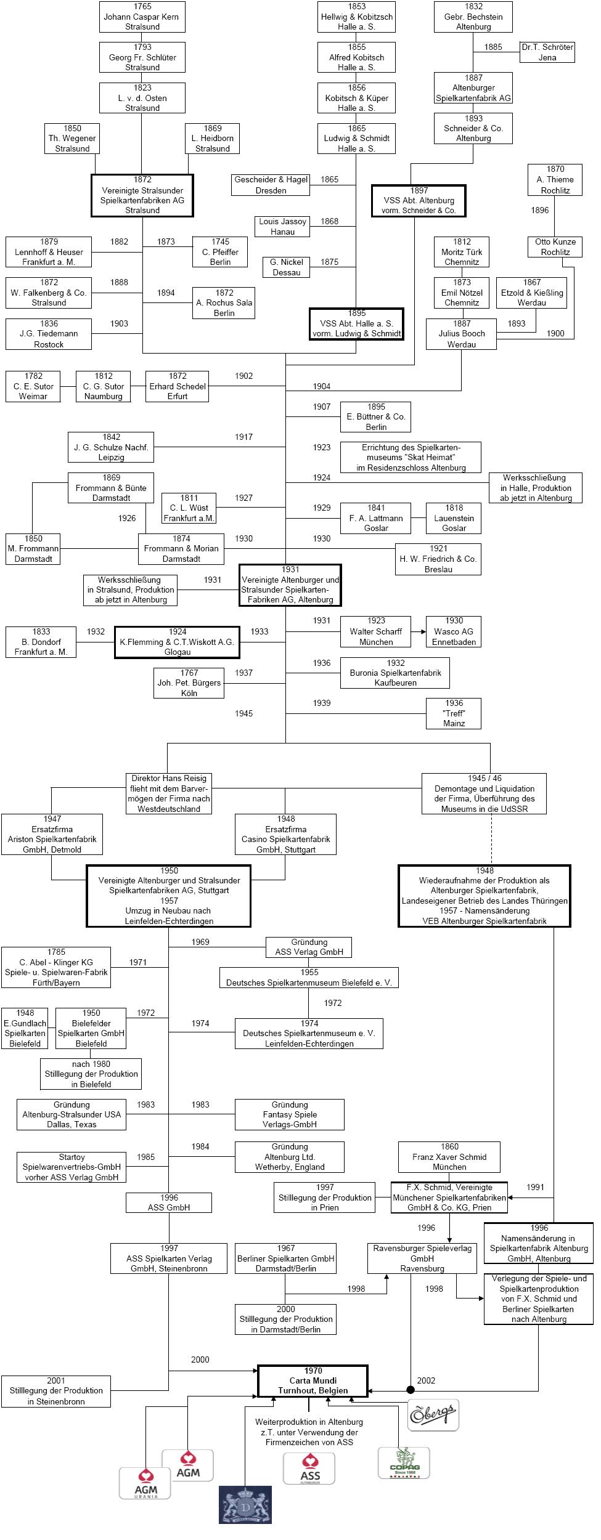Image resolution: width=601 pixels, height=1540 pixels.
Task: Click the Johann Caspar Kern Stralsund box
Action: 142,17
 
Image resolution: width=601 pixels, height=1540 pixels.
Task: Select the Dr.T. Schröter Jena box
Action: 547,52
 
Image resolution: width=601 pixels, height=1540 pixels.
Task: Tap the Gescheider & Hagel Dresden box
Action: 271,185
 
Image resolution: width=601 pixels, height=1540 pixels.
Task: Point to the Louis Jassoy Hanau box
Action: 282,227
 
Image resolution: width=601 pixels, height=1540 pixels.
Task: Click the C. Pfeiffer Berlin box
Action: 220,252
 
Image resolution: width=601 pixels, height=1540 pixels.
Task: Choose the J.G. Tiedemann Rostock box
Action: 49,334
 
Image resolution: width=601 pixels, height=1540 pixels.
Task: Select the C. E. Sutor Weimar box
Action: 33,386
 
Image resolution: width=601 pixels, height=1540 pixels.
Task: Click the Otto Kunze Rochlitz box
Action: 555,247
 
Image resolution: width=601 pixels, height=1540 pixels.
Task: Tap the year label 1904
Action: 322,387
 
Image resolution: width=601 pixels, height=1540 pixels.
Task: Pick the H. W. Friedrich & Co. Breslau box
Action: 438,559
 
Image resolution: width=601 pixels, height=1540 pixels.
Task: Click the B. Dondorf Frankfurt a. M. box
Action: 41,642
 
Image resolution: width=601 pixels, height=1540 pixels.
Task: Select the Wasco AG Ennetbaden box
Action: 454,631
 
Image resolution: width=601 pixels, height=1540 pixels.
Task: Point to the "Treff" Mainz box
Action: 454,713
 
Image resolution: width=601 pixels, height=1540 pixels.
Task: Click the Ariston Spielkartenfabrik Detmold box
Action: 52,834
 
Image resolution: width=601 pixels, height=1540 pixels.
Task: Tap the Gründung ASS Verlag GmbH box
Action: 309,947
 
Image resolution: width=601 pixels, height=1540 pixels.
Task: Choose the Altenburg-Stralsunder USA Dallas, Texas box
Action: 72,1114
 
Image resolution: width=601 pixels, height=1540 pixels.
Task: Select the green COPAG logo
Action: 404,1462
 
